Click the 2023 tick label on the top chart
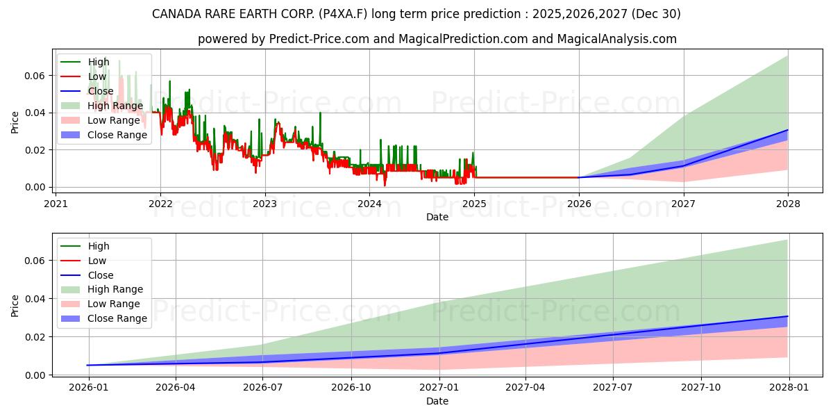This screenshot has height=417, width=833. [264, 204]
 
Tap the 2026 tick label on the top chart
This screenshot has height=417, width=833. [579, 204]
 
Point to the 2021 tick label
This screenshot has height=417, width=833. [56, 204]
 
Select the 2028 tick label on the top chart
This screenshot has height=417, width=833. [788, 204]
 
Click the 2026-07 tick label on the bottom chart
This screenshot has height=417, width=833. [262, 387]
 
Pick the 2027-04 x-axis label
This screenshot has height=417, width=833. [525, 387]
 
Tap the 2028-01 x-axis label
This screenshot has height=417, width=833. [789, 387]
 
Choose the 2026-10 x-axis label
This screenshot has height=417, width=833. [351, 387]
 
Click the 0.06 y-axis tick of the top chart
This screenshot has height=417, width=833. [35, 76]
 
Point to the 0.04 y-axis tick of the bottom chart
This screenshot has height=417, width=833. [35, 299]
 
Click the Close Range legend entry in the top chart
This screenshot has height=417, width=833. [103, 135]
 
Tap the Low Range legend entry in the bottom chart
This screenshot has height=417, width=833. [101, 304]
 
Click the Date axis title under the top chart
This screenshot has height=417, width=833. [437, 217]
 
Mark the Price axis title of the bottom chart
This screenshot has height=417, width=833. [15, 306]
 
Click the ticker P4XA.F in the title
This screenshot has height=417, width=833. [342, 14]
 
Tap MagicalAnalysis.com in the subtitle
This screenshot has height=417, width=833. [617, 39]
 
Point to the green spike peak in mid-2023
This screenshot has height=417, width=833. [320, 113]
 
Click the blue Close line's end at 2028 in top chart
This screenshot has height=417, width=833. [787, 130]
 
